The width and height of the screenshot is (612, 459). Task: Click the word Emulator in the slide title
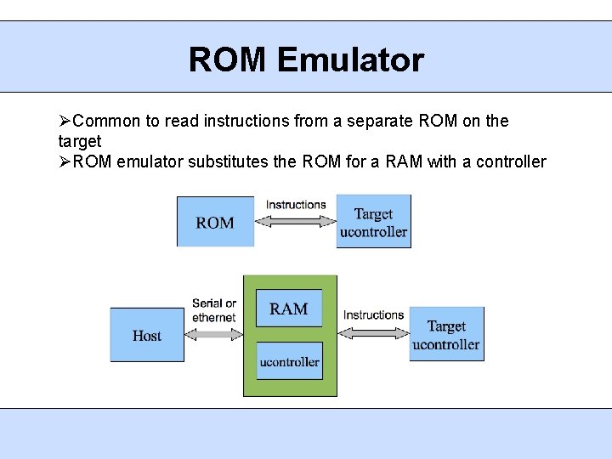(350, 60)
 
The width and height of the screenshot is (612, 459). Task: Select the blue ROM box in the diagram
(215, 222)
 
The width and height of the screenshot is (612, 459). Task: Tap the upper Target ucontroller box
(373, 222)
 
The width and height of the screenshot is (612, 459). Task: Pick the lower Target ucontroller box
(446, 334)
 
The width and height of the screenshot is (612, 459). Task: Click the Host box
(147, 335)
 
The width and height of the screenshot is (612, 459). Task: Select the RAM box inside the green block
(289, 308)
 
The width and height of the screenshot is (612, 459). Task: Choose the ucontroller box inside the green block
(289, 361)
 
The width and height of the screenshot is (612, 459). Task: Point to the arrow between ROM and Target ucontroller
(295, 221)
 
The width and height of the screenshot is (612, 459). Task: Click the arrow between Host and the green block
(213, 334)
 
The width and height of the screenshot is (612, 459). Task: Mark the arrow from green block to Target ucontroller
(373, 333)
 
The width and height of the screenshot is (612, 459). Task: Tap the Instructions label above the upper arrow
(296, 205)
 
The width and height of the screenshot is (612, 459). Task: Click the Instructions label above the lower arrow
(373, 315)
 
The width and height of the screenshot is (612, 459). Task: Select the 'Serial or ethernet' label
(214, 310)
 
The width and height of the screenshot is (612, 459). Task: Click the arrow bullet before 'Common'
(65, 121)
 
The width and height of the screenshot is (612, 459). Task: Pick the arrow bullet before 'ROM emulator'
(65, 161)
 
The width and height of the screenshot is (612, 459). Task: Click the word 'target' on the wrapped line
(79, 141)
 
